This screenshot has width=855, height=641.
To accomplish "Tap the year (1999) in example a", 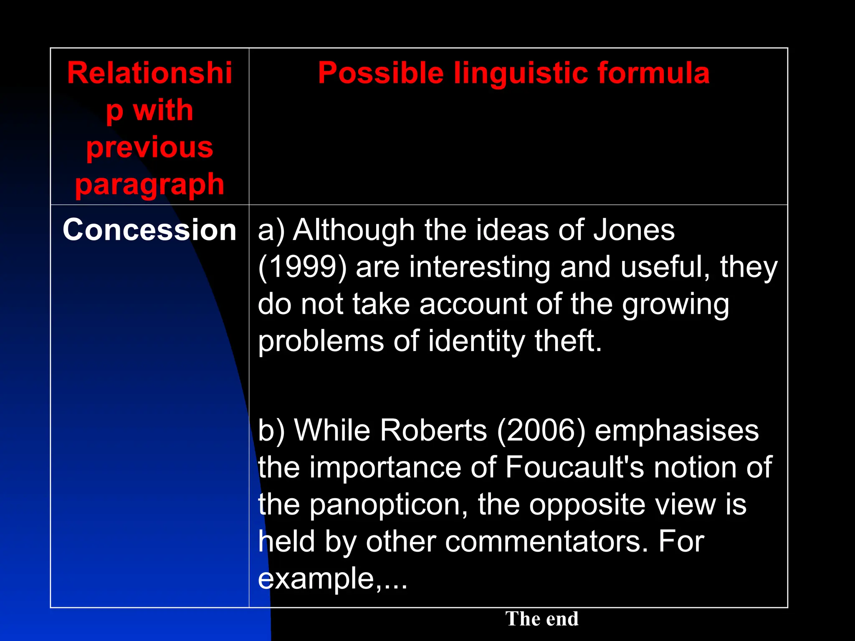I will click(302, 267).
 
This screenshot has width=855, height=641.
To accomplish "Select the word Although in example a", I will click(354, 230).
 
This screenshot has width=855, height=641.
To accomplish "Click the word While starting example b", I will click(332, 430).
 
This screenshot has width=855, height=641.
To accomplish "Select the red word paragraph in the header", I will click(149, 184).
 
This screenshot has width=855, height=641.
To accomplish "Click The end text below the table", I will click(541, 618).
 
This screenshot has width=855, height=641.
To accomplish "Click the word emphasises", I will click(676, 430).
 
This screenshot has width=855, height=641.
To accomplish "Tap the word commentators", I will click(542, 541).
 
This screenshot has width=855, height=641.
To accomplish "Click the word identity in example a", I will click(476, 341).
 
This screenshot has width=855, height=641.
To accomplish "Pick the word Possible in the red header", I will click(380, 73).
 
